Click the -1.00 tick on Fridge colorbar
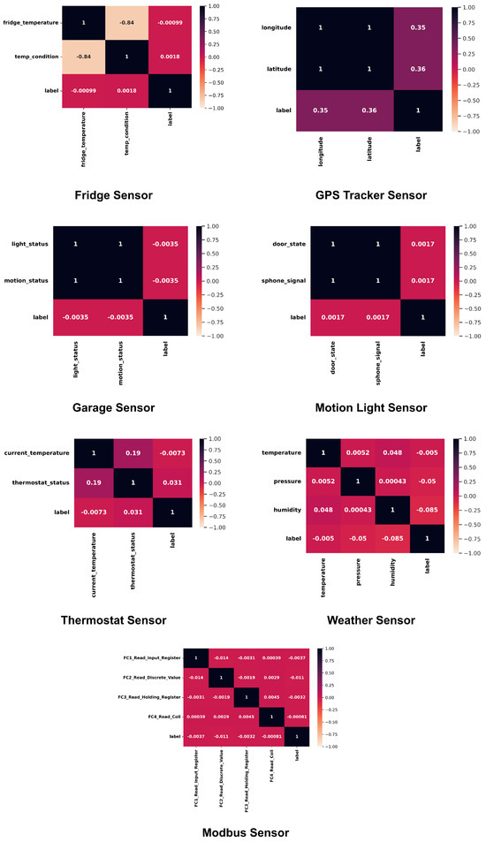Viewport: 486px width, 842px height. click(216, 107)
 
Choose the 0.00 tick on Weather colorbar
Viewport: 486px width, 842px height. click(469, 497)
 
